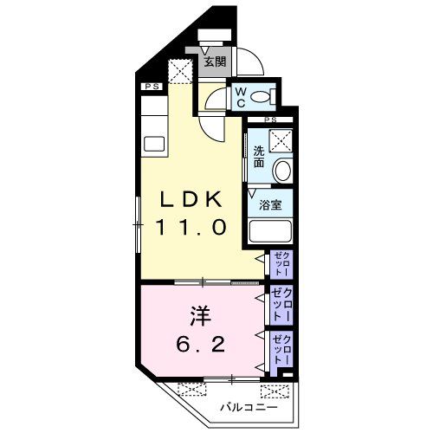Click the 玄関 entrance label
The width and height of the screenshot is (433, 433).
click(215, 61)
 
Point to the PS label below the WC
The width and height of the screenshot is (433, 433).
click(270, 119)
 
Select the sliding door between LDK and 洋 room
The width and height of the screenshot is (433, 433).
click(204, 282)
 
